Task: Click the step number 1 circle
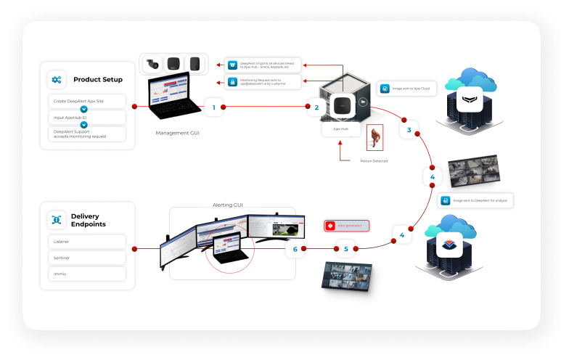coord(213,107)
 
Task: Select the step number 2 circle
coord(316,107)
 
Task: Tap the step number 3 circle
coord(409,131)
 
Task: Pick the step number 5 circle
coord(345,249)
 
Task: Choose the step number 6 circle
coord(295,249)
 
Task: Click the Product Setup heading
coord(97,79)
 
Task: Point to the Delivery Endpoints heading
coord(88,219)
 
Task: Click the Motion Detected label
coord(374,160)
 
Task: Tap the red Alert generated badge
coord(347,226)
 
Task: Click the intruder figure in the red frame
coord(374,138)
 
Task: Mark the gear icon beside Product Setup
coord(57,79)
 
